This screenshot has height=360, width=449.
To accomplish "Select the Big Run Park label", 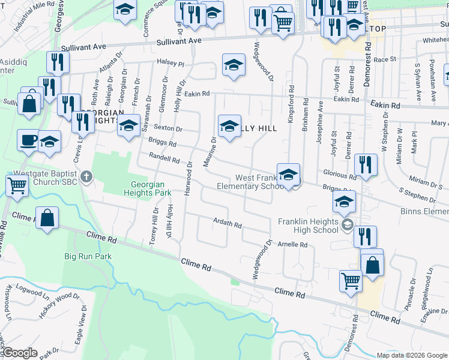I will tap(88, 256).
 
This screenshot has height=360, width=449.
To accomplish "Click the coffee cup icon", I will tap(28, 140).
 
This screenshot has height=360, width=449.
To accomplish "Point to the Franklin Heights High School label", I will tap(309, 226).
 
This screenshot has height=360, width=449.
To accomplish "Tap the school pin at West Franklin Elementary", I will tap(288, 175).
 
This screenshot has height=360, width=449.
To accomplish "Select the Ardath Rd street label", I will tap(228, 224).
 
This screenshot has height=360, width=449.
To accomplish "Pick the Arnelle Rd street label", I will tap(292, 244).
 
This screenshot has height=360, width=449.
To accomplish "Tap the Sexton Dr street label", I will tap(167, 128).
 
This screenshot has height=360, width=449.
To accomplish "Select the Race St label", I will tap(385, 59).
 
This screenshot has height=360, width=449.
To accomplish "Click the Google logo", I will tap(20, 352).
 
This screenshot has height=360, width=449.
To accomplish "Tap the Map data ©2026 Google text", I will tap(412, 355).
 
